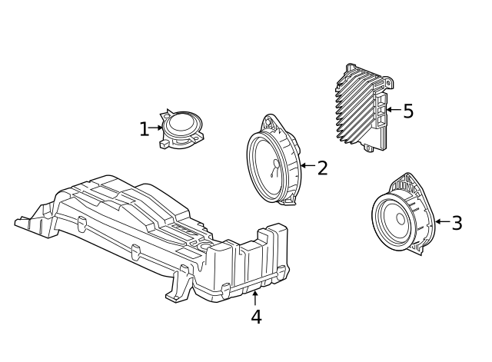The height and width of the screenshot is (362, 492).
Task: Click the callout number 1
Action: [x=144, y=129]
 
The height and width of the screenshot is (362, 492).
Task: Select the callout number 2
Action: [x=322, y=168]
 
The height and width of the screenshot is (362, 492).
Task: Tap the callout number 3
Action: [x=457, y=224]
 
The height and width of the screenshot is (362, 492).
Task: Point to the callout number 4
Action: [x=256, y=316]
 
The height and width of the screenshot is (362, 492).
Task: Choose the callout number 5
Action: [x=408, y=111]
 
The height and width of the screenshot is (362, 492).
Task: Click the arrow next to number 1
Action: [x=157, y=128]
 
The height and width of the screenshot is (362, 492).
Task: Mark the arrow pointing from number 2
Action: [x=307, y=165]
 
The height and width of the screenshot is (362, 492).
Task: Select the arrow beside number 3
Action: [x=441, y=222]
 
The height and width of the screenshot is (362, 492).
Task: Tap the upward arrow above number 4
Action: [x=255, y=297]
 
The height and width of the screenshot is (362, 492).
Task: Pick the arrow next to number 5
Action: [x=392, y=110]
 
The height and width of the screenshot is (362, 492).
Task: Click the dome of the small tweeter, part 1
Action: [x=183, y=121]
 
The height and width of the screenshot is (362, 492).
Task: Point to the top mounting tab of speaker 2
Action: [x=271, y=121]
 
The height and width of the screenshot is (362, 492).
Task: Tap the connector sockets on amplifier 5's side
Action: [x=380, y=111]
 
